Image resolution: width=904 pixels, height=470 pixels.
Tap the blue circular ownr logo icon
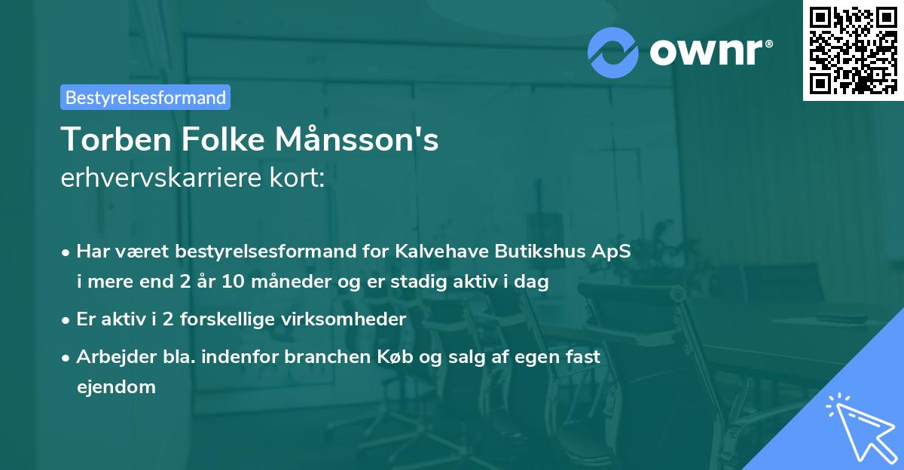pyautogui.click(x=612, y=52)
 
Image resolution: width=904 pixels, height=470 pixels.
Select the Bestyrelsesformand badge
pyautogui.click(x=145, y=97)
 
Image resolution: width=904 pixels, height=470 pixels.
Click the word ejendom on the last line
pyautogui.click(x=116, y=387)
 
